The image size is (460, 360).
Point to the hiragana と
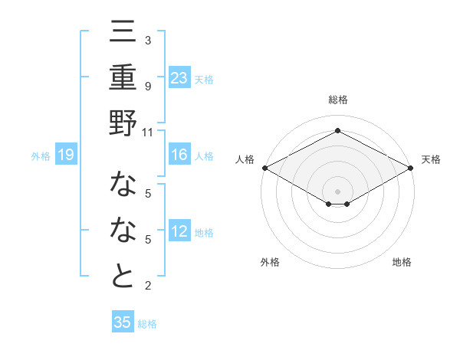point(123,276)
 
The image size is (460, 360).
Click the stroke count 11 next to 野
point(148,132)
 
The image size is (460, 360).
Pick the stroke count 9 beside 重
point(148,87)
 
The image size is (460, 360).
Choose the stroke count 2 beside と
point(148,286)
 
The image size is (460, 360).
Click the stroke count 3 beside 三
point(148,40)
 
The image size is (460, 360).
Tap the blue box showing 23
point(179,78)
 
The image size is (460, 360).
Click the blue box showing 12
point(179,232)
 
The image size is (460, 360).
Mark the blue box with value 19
point(66,155)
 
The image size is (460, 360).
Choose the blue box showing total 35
point(123,322)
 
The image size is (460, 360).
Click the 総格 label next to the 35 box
point(147,324)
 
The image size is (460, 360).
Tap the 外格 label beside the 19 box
point(41,156)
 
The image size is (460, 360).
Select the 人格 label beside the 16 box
point(204,156)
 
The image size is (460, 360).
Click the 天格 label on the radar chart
point(431,159)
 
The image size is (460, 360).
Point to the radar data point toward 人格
point(264,168)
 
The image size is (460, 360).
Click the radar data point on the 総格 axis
point(337,131)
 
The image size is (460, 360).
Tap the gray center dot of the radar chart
point(337,190)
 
